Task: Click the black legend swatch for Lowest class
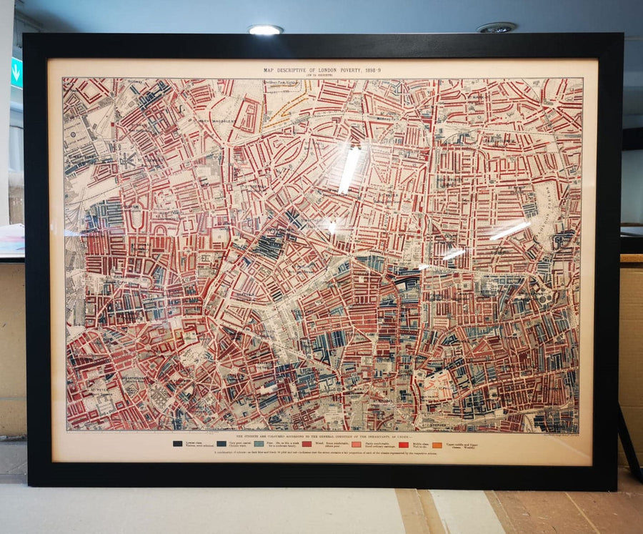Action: click(x=177, y=444)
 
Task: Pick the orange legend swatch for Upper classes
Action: click(x=437, y=445)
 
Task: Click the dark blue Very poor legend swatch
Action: click(x=221, y=444)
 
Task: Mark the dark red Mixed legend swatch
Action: click(x=306, y=444)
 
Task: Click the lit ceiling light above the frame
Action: click(x=265, y=29)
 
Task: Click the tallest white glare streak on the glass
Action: click(x=349, y=169)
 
